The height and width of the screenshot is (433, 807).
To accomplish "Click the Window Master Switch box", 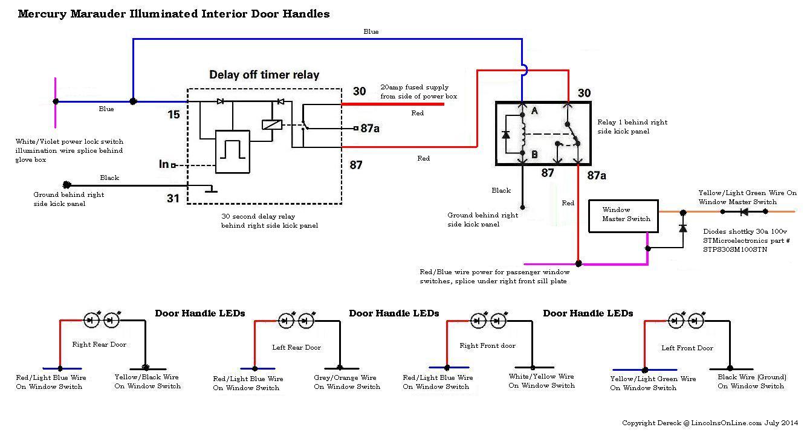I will pos(624,216).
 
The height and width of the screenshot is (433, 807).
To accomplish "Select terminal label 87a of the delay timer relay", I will pos(370,128).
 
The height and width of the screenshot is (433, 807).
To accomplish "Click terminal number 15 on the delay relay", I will pos(173,114).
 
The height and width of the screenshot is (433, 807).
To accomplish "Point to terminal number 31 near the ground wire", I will pos(173,197).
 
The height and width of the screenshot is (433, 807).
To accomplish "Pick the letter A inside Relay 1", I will pos(534,111).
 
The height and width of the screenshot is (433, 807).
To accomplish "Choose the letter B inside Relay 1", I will pos(534,155).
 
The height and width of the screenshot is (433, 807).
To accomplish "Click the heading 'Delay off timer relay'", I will pos(264,75).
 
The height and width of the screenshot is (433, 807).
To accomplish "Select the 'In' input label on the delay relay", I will pos(163,164).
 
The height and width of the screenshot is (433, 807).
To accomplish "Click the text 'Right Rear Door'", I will pos(100,344).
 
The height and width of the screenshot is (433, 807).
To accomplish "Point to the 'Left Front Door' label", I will pos(687,348).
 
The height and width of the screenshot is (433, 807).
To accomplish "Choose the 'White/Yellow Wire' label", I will pos(541,376).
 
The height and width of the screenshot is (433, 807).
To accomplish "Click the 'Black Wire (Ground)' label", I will pos(751,377).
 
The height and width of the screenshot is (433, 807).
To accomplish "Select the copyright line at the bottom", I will pos(711,423).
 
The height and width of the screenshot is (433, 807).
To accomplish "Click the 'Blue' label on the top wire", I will pos(371,31).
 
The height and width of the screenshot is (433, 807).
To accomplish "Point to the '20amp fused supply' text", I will pos(414,88).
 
